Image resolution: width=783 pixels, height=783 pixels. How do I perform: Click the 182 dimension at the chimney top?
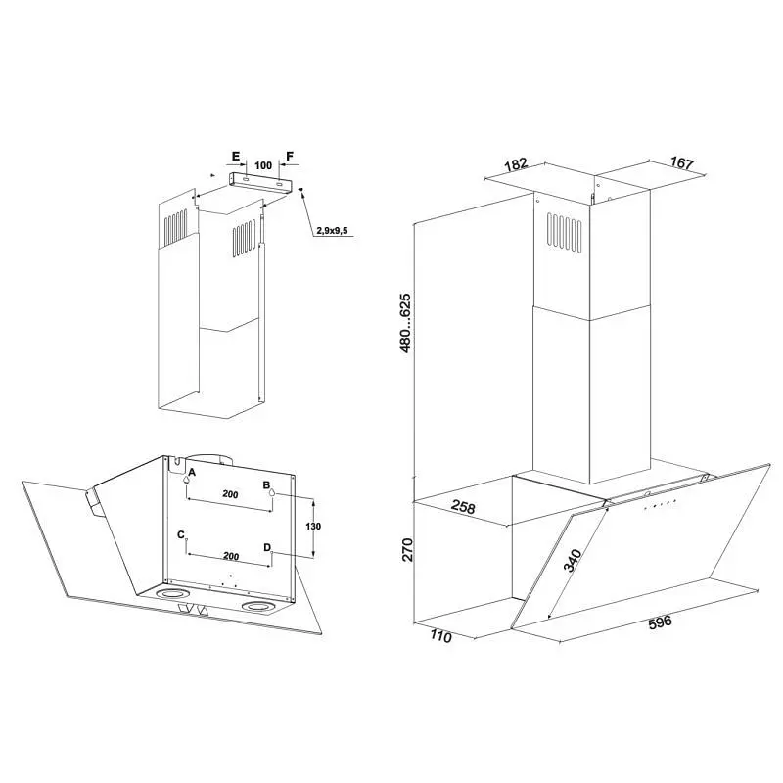(x=516, y=163)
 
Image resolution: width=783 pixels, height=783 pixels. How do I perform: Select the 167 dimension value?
(x=681, y=162)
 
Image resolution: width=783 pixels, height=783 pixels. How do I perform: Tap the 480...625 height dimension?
(x=405, y=323)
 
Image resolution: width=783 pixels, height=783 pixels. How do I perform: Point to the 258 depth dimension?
(x=463, y=507)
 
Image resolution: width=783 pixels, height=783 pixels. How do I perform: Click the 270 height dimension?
(x=408, y=550)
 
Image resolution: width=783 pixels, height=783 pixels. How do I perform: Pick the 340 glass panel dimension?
(x=573, y=560)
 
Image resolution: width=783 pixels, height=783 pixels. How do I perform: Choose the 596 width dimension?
(x=660, y=622)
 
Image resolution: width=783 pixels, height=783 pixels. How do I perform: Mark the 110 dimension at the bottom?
(x=440, y=637)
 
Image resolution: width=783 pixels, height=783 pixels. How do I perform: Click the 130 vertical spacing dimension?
(x=313, y=526)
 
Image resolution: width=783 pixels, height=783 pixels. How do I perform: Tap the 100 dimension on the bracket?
(x=263, y=165)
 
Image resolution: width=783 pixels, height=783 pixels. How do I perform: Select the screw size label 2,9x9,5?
(x=332, y=231)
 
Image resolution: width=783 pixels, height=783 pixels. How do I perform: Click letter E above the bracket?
(x=236, y=157)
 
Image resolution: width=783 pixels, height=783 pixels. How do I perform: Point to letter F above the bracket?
(x=290, y=157)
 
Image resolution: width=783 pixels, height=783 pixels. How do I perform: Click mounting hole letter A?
(x=192, y=473)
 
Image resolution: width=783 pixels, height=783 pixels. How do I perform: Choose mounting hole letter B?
(x=266, y=484)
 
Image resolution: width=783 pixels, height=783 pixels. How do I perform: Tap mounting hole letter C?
(x=181, y=534)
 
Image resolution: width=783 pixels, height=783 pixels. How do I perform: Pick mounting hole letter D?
(x=267, y=548)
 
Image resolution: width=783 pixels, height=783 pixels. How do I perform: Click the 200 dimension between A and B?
(x=230, y=494)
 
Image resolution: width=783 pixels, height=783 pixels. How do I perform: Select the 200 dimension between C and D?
(x=231, y=556)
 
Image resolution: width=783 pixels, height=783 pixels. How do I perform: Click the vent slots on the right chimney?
(x=564, y=235)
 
